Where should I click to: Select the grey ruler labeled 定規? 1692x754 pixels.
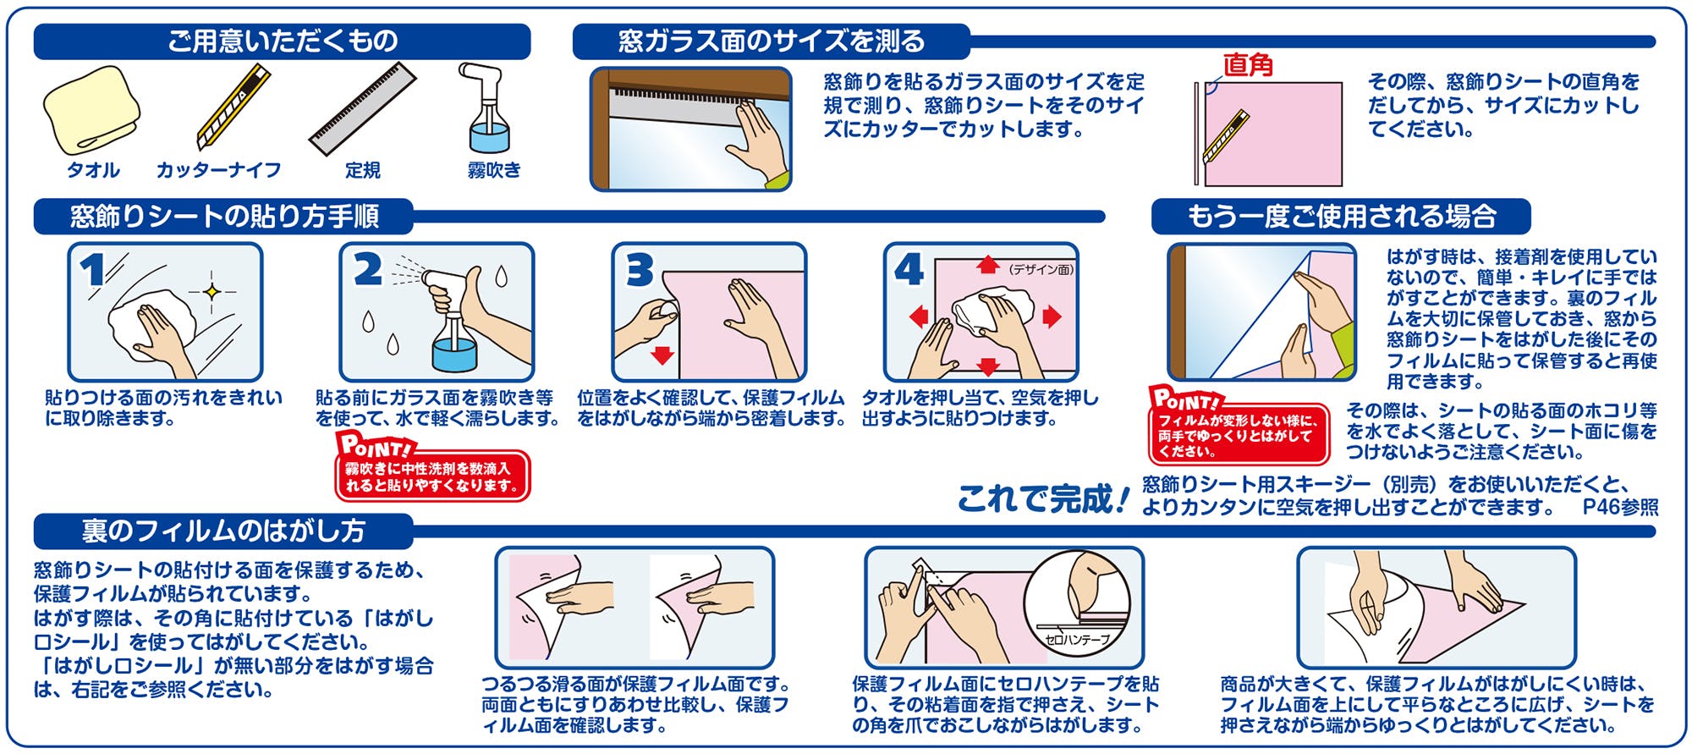[363, 108]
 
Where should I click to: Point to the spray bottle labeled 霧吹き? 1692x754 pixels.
[486, 107]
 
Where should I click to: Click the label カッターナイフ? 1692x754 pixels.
[218, 170]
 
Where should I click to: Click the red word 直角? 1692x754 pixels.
[1248, 64]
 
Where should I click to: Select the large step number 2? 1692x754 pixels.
[367, 270]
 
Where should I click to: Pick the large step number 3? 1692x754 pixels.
[640, 270]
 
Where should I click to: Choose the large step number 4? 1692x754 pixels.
[909, 270]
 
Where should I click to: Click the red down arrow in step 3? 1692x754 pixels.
[662, 355]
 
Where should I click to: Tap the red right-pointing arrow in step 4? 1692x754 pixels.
[1052, 316]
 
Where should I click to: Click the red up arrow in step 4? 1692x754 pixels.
[987, 265]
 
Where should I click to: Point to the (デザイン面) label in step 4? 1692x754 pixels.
[1040, 269]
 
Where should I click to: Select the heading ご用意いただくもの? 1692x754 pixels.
[283, 41]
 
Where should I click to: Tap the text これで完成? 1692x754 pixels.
[1043, 499]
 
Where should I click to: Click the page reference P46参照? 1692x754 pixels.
[1620, 507]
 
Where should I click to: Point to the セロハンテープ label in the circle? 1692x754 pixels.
[1077, 640]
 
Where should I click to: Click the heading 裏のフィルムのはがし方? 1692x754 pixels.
[223, 531]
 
